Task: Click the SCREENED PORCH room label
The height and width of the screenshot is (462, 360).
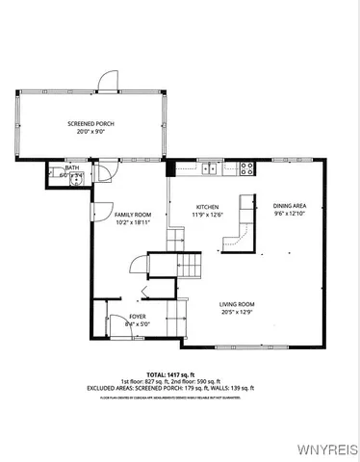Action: pos(92,124)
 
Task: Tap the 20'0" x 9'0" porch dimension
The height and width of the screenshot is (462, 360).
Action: pos(92,133)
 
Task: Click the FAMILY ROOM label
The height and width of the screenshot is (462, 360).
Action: pos(133,214)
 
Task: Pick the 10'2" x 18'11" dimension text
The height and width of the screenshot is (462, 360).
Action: pos(133,222)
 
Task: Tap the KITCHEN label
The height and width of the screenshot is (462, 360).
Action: pos(208,207)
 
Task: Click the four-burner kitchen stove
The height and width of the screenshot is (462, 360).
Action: pos(246,167)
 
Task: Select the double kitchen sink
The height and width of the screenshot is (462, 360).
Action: pos(209,168)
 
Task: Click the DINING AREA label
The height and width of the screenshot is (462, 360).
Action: pos(289,205)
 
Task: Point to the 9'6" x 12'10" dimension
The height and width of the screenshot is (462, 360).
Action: pos(289,214)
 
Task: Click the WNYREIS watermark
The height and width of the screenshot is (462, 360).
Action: pos(330,449)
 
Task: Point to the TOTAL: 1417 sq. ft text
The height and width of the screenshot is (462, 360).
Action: pos(181,373)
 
